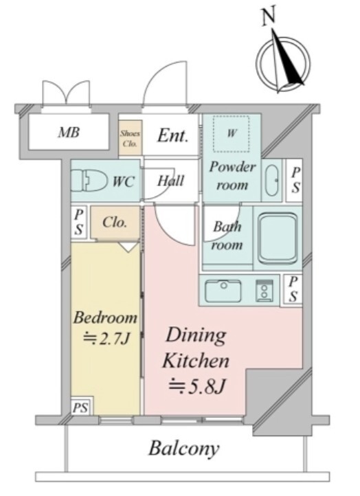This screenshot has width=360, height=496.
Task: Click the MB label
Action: point(69,132)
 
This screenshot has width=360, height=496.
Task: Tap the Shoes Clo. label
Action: point(130,138)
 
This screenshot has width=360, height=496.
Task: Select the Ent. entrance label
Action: point(172,136)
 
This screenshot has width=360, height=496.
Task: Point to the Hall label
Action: point(170,181)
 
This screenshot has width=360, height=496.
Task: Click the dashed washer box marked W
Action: point(231,134)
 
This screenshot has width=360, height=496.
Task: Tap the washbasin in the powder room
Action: point(272,180)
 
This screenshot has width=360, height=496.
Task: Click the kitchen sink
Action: point(223,291)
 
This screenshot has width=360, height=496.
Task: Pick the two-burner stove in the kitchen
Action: point(264,290)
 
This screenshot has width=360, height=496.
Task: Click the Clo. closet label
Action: point(115,223)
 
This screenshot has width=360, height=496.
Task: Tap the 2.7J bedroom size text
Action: point(106,339)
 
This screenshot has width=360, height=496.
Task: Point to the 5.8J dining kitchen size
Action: point(197,386)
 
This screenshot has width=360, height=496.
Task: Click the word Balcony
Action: point(184,449)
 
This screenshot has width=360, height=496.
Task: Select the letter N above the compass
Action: point(269,16)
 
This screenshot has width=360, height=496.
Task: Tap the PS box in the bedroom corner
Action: point(81,406)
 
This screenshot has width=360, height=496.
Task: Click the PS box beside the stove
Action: point(293,289)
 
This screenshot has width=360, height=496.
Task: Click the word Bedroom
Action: point(105,317)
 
